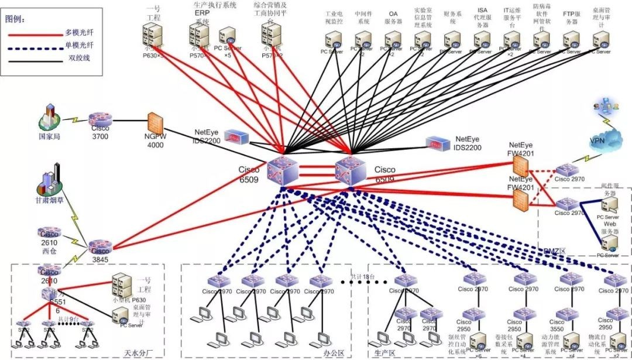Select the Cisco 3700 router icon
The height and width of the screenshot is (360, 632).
(x=100, y=120)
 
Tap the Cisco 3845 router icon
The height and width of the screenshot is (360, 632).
(x=100, y=245)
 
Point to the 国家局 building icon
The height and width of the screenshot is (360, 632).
(x=51, y=117)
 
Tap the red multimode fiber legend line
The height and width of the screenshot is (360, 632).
(x=36, y=35)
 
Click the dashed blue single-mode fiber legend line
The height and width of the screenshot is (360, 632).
(x=36, y=47)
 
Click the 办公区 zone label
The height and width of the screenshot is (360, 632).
(x=334, y=353)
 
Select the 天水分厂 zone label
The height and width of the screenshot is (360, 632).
(x=138, y=353)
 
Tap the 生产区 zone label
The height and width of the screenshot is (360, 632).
(x=384, y=353)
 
